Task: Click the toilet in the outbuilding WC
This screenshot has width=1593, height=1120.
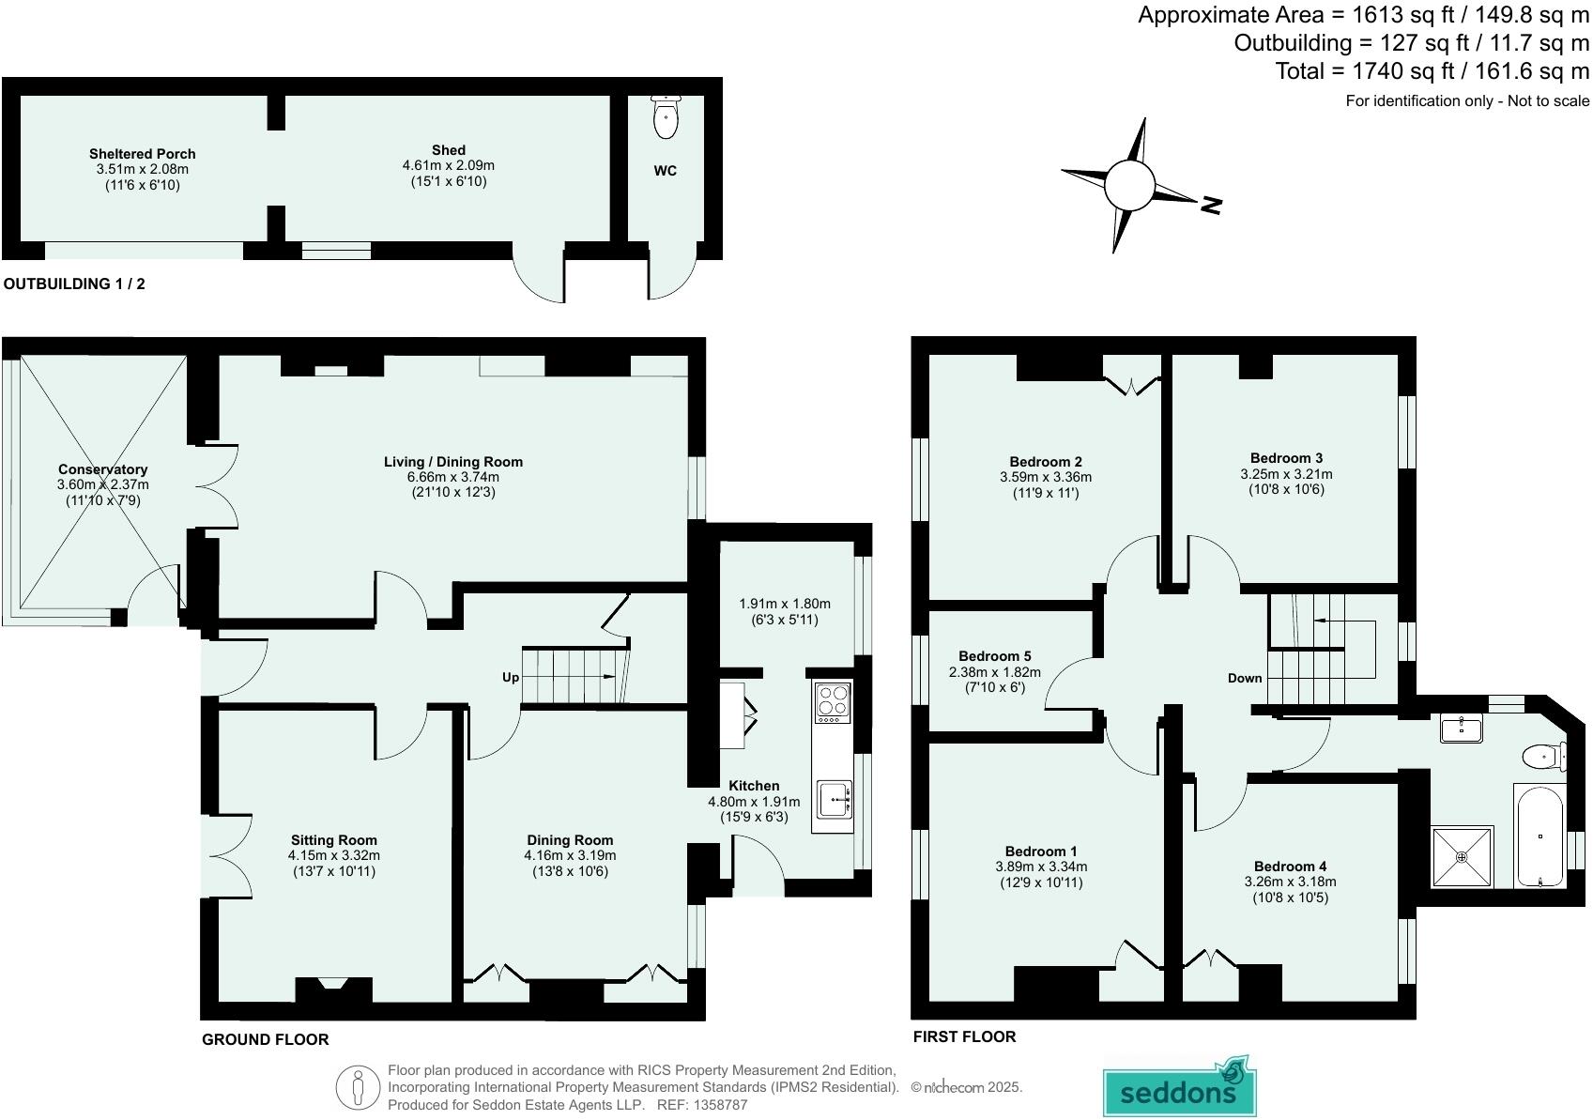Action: pyautogui.click(x=666, y=118)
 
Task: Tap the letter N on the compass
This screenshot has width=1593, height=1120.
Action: pyautogui.click(x=1211, y=205)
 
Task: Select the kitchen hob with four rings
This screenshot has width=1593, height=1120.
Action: pyautogui.click(x=833, y=702)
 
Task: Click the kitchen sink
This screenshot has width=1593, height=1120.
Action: pyautogui.click(x=834, y=801)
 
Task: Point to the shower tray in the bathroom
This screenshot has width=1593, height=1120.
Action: pyautogui.click(x=1462, y=856)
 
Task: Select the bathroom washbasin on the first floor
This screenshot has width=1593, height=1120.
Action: pyautogui.click(x=1462, y=729)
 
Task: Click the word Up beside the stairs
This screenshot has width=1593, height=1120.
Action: pyautogui.click(x=511, y=677)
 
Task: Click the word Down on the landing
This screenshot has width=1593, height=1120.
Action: pyautogui.click(x=1245, y=678)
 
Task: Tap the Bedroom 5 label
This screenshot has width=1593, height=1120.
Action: pyautogui.click(x=994, y=656)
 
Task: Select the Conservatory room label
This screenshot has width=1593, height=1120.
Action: pyautogui.click(x=102, y=469)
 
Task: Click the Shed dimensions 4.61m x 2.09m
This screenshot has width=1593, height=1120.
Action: pyautogui.click(x=448, y=165)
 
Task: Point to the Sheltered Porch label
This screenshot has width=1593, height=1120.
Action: pyautogui.click(x=142, y=154)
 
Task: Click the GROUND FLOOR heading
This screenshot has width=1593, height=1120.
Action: pyautogui.click(x=265, y=1039)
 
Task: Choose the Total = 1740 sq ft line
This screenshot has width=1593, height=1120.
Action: pyautogui.click(x=1432, y=71)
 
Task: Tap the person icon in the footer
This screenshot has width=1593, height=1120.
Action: pyautogui.click(x=358, y=1088)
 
